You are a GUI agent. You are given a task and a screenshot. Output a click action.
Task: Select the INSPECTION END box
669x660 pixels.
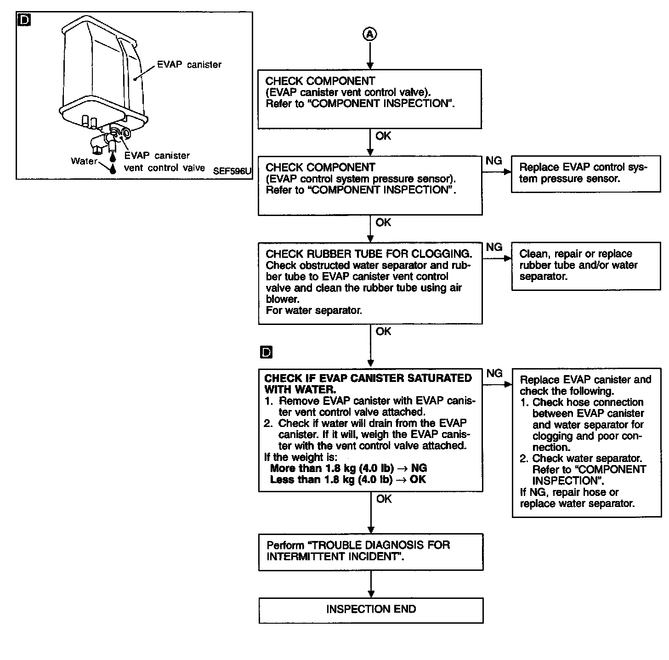coord(371,610)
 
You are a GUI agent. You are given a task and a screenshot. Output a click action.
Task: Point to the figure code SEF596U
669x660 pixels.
coord(232,171)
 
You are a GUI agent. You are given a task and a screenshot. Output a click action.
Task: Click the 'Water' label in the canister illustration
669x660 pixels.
coord(84,161)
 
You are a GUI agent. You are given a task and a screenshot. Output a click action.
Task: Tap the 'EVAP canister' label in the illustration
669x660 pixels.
coord(189,65)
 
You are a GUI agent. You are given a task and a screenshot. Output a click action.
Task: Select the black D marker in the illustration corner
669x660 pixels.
coord(24,20)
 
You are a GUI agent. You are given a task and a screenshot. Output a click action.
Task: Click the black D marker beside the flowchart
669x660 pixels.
coord(266,353)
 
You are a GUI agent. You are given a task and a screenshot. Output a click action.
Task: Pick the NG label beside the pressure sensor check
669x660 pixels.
coord(493,160)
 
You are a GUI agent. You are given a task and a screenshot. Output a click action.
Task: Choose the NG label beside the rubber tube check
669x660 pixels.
coord(494,247)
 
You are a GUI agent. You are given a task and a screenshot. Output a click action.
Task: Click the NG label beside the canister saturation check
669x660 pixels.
coord(494,373)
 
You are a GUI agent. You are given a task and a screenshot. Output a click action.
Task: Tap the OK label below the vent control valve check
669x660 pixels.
coord(383,136)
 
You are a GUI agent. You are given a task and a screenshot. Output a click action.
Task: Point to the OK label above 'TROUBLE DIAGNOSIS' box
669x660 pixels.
coord(384,499)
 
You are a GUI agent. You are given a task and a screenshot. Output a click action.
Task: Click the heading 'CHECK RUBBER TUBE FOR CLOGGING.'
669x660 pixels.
coord(369,254)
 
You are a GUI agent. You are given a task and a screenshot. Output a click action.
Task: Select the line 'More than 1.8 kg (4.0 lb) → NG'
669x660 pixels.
coord(348,468)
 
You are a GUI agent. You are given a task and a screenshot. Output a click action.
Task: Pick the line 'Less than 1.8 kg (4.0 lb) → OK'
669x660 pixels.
coord(348,480)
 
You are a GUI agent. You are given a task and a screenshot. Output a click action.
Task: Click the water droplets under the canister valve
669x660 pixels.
coord(112,163)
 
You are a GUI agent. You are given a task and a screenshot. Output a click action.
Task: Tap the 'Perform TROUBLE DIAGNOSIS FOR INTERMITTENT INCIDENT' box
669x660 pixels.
coord(371,552)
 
